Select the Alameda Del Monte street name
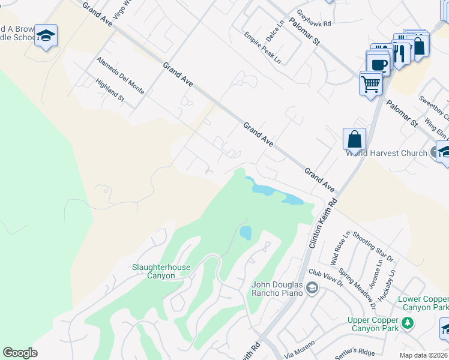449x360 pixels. click(x=120, y=75)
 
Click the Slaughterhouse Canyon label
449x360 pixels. click(x=154, y=271)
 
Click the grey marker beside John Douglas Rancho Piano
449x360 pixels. click(x=312, y=289)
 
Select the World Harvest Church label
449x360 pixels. click(x=386, y=153)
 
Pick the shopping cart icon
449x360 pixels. click(x=371, y=83)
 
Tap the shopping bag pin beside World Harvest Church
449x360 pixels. click(x=355, y=139)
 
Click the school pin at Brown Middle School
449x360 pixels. click(x=46, y=36)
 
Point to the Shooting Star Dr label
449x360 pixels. click(x=373, y=247)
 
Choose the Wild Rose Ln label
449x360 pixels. click(x=340, y=249)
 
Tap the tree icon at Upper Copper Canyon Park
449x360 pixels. click(x=408, y=323)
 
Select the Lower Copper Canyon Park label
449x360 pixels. click(x=423, y=303)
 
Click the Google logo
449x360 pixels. click(x=20, y=353)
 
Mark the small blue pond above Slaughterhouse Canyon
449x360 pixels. click(x=246, y=233)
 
